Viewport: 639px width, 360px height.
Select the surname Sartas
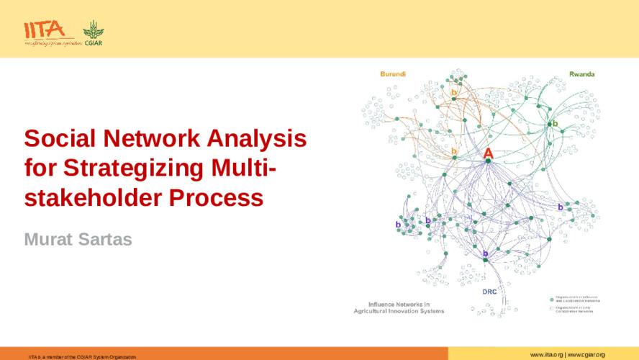coord(106,239)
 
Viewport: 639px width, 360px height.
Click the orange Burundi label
coord(394,74)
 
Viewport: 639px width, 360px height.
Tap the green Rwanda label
coord(581,74)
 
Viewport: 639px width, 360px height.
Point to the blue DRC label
coord(490,292)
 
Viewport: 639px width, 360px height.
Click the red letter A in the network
coord(488,153)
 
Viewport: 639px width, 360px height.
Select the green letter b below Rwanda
coord(555,124)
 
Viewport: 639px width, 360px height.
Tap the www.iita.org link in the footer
coord(546,355)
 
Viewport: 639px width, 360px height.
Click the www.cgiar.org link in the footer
coord(586,355)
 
